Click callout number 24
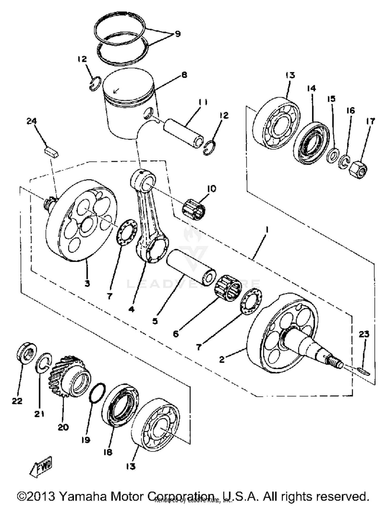(32, 121)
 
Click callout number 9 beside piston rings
(178, 34)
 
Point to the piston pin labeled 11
(184, 133)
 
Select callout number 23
(364, 334)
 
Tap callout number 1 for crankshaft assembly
(267, 229)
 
